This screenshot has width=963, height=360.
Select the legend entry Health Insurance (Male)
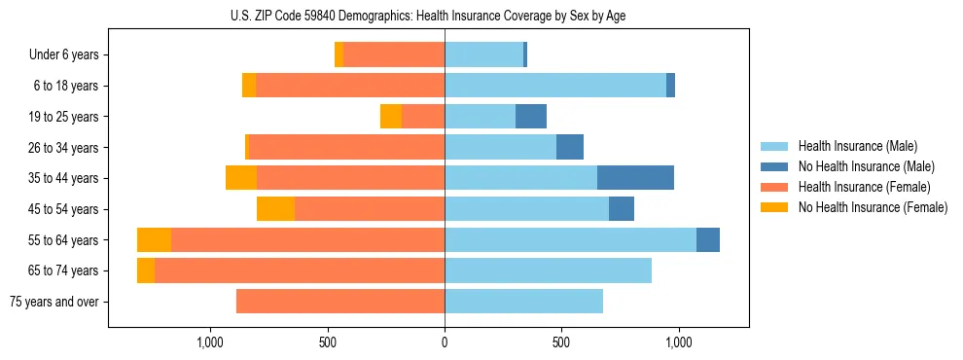pyautogui.click(x=857, y=146)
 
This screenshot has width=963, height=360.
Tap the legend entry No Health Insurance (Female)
pyautogui.click(x=873, y=207)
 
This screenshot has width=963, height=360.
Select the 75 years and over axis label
pyautogui.click(x=53, y=302)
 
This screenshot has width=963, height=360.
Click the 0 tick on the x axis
pyautogui.click(x=445, y=342)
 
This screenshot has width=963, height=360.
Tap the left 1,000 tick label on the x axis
pyautogui.click(x=210, y=342)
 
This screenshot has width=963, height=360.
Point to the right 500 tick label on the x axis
pyautogui.click(x=561, y=342)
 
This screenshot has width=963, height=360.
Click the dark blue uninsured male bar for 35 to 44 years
pyautogui.click(x=635, y=178)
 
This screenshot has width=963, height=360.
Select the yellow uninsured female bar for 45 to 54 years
pyautogui.click(x=275, y=209)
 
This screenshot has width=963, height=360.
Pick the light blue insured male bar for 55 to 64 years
pyautogui.click(x=570, y=239)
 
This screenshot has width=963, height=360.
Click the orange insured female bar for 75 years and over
pyautogui.click(x=340, y=302)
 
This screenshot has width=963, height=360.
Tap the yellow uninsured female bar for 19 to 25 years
pyautogui.click(x=391, y=117)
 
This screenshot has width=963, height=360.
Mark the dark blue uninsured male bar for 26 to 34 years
pyautogui.click(x=570, y=147)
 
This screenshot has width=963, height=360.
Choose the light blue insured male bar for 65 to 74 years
pyautogui.click(x=548, y=270)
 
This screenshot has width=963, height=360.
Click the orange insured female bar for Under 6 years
pyautogui.click(x=394, y=54)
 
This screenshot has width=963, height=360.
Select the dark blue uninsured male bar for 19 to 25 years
pyautogui.click(x=531, y=117)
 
